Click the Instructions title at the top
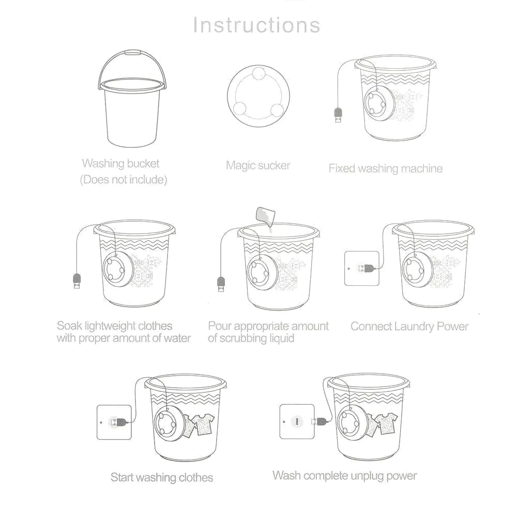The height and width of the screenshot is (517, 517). pyautogui.click(x=257, y=25)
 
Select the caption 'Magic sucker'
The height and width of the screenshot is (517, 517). pyautogui.click(x=258, y=165)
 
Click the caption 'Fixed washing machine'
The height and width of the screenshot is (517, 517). pyautogui.click(x=385, y=168)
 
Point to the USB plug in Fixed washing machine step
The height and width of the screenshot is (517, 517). pyautogui.click(x=338, y=115)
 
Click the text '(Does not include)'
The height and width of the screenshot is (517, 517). pyautogui.click(x=123, y=180)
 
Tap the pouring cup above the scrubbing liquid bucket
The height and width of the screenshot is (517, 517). pyautogui.click(x=265, y=215)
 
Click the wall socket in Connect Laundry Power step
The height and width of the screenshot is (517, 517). pyautogui.click(x=361, y=268)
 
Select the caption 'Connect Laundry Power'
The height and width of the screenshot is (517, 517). pyautogui.click(x=409, y=326)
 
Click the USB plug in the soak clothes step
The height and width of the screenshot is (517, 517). pyautogui.click(x=77, y=282)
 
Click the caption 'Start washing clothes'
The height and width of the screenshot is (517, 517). pyautogui.click(x=162, y=477)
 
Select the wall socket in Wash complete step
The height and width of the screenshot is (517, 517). pyautogui.click(x=297, y=421)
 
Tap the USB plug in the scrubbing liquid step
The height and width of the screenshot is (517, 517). pyautogui.click(x=221, y=284)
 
